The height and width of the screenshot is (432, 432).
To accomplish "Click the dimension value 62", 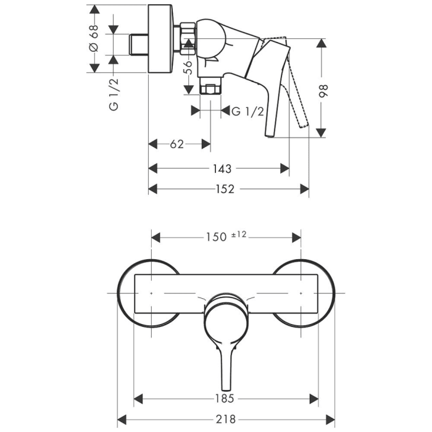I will [x=177, y=144].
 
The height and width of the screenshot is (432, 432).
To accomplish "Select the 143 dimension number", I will [x=223, y=168].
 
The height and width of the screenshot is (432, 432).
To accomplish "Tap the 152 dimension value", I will [x=225, y=189].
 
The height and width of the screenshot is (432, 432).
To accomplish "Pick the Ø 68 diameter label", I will [x=93, y=39].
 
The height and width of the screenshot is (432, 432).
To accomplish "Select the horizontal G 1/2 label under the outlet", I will [x=248, y=111].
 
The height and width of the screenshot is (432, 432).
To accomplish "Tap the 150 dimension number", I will [x=215, y=236].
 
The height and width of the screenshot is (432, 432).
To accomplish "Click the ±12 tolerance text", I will [x=239, y=234].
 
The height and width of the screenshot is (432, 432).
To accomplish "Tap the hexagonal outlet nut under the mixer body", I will [x=210, y=88].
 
